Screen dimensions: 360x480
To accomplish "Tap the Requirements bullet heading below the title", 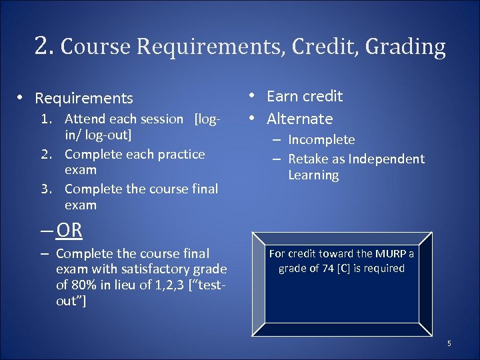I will [84, 99].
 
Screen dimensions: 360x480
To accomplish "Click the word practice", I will [180, 154].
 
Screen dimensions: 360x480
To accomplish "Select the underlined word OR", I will [69, 231].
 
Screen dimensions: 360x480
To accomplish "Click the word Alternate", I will [299, 119].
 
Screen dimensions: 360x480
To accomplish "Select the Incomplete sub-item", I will [321, 140].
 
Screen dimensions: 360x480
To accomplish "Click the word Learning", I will [313, 175].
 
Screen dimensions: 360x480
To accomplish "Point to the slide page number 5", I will [449, 344].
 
